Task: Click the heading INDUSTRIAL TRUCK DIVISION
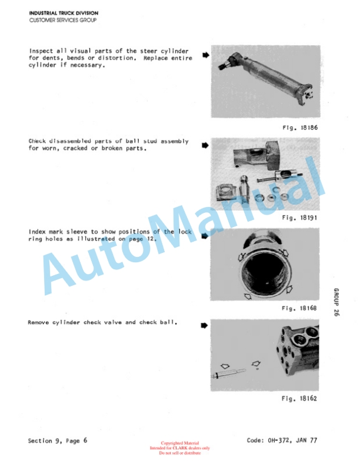coord(64,13)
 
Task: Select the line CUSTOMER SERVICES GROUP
coord(63,20)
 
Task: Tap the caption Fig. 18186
coord(300,128)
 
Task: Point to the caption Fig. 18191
coord(299,218)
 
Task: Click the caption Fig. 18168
coord(299,308)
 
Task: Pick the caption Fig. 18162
coord(299,399)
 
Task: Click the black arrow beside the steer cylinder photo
coord(206,55)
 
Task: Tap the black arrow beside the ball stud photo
coord(205,145)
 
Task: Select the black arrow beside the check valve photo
coord(204,326)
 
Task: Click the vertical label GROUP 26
coord(336,302)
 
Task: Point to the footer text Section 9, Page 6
coord(58,440)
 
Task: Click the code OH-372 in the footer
coord(279,440)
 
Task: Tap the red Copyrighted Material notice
coord(180,443)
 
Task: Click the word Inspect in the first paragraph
coord(41,51)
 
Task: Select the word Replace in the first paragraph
coord(155,58)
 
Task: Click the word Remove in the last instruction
coord(38,322)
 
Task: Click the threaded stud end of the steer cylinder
coord(222,66)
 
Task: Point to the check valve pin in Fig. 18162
coord(228,373)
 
